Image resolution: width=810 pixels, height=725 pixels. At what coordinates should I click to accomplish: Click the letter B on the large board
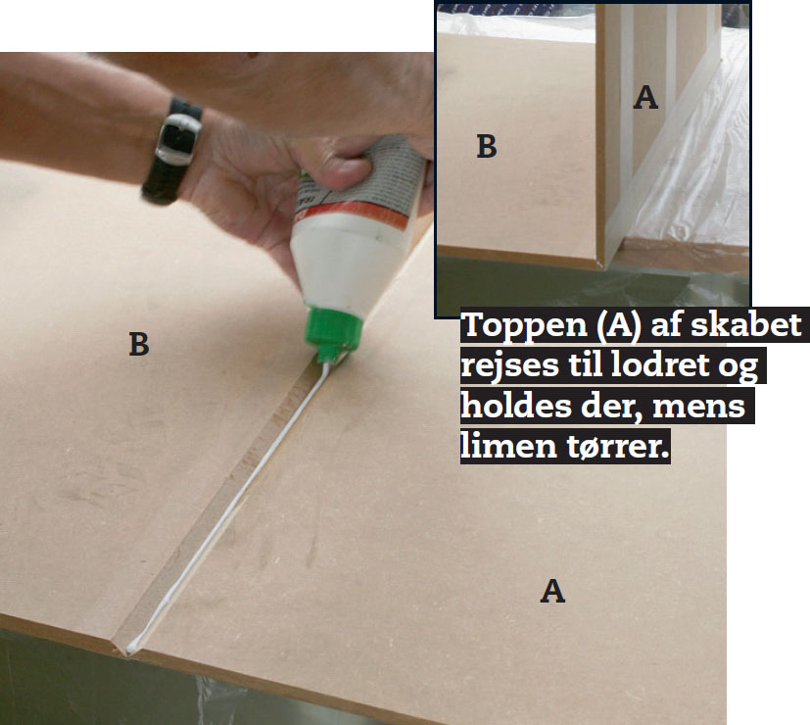click(x=138, y=344)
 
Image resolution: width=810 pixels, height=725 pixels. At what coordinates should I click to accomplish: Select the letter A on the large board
click(x=552, y=591)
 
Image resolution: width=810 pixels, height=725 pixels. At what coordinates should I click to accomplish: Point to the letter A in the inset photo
click(x=645, y=97)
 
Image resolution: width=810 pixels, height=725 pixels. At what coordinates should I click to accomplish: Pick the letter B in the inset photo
click(x=486, y=146)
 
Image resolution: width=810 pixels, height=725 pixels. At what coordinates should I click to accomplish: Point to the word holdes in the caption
click(x=516, y=406)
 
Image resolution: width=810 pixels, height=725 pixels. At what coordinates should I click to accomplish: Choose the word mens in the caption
click(x=699, y=408)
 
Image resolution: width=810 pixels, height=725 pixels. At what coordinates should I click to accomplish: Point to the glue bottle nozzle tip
click(x=325, y=361)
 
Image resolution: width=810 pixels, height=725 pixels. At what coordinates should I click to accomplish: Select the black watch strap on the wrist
click(x=172, y=150)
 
